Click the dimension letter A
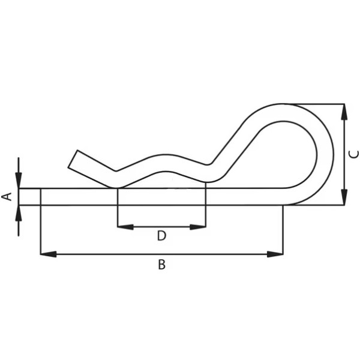pyautogui.click(x=7, y=196)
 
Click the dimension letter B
pyautogui.click(x=161, y=265)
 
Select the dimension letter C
pyautogui.click(x=353, y=154)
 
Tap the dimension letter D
pyautogui.click(x=161, y=236)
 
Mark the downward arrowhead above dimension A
pyautogui.click(x=19, y=181)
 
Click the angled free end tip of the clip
pyautogui.click(x=73, y=159)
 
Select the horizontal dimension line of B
pyautogui.click(x=161, y=254)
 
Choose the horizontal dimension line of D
pyautogui.click(x=161, y=227)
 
